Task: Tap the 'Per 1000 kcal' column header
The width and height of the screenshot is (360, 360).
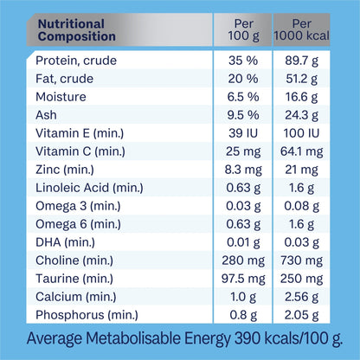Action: point(304,30)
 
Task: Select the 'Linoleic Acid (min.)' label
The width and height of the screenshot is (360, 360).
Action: point(89,187)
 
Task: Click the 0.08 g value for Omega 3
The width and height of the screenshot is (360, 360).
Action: point(304,205)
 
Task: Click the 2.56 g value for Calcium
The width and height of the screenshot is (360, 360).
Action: point(304,296)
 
